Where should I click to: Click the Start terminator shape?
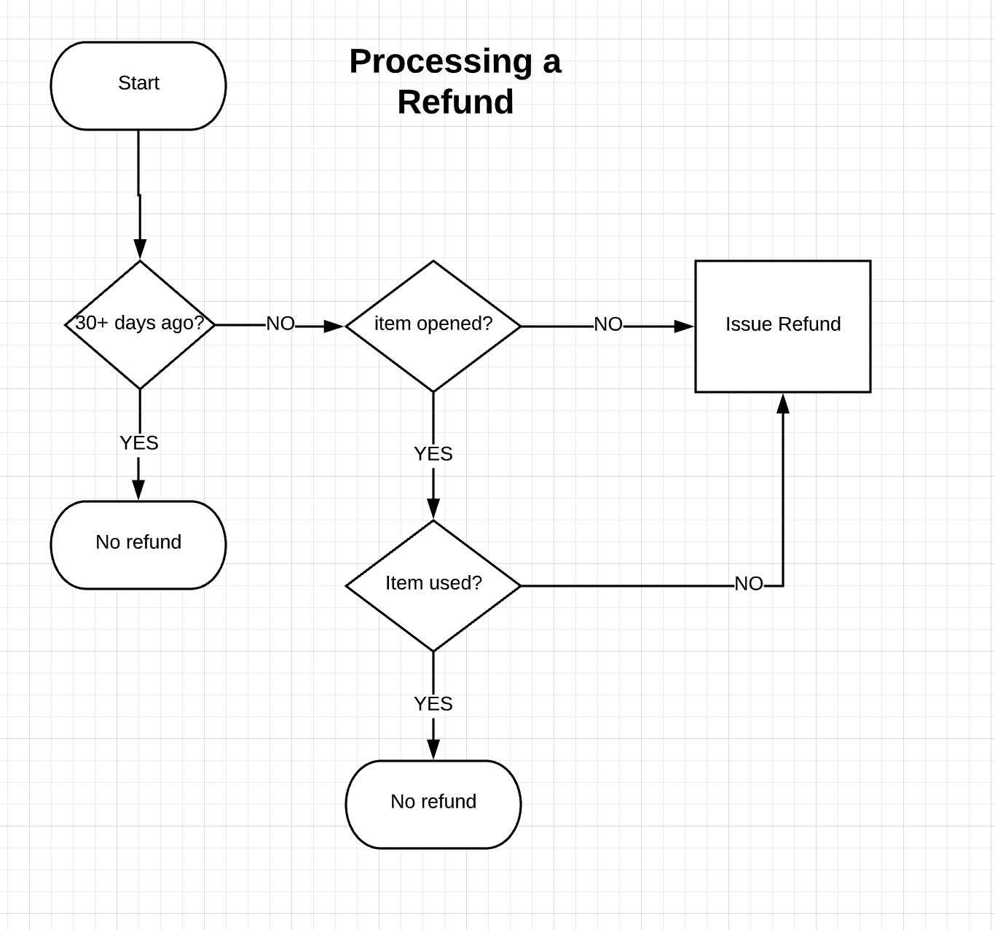point(138,86)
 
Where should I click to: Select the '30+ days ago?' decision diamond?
point(140,324)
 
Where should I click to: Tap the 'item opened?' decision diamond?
point(433,326)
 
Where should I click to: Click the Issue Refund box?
point(783,326)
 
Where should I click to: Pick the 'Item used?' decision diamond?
point(433,585)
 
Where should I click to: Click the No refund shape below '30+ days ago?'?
point(138,544)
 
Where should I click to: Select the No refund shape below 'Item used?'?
point(433,804)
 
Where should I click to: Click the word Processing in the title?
point(441,61)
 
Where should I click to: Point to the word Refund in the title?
point(455,102)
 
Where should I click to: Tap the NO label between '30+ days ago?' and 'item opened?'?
point(280,324)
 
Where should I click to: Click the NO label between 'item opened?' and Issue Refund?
point(608,324)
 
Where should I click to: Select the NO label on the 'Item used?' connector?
point(749,584)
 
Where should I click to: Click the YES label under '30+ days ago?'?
point(139,443)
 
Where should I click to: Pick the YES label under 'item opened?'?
point(433,454)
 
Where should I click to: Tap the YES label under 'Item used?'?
point(433,704)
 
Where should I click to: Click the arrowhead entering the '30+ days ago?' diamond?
point(140,249)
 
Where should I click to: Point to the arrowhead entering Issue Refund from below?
point(783,404)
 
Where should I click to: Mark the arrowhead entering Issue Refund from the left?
point(684,327)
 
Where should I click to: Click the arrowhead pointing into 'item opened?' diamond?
point(334,327)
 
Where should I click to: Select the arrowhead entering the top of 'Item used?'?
point(433,509)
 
